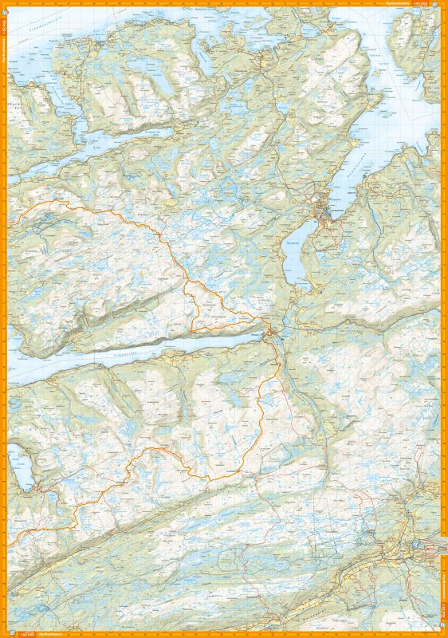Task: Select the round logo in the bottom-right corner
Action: pyautogui.click(x=442, y=632)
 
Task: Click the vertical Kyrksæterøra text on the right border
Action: pyautogui.click(x=443, y=590)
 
